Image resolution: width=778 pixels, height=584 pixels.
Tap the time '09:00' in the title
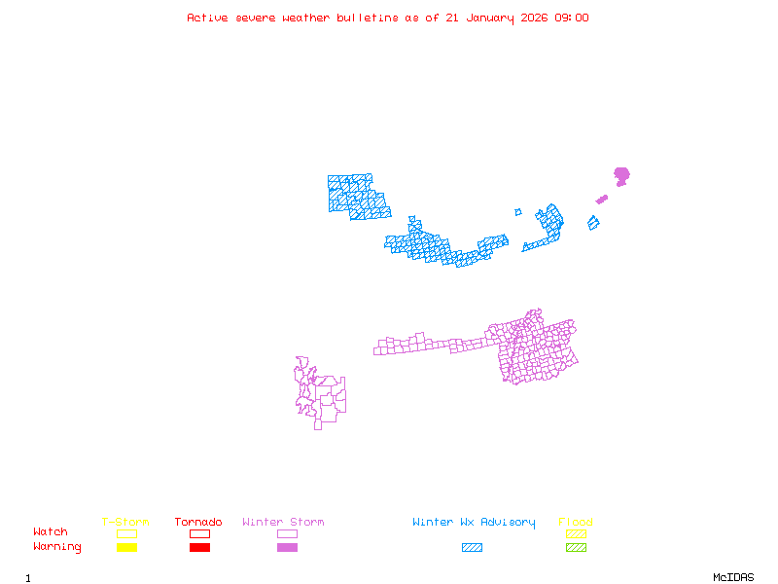click(571, 18)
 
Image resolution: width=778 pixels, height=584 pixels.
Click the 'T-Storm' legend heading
click(125, 522)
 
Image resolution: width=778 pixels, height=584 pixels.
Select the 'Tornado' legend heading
click(198, 522)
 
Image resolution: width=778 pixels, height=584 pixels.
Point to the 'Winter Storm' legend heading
click(283, 522)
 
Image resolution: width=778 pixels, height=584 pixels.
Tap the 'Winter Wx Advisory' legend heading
click(474, 522)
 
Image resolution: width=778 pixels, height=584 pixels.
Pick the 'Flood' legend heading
click(576, 522)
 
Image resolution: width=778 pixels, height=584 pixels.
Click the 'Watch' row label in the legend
click(51, 532)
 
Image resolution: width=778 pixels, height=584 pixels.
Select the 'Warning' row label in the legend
click(57, 547)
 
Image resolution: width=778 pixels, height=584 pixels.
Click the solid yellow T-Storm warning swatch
click(126, 548)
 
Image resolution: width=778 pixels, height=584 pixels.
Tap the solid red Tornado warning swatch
click(199, 548)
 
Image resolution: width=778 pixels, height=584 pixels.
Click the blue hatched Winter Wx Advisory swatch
click(472, 548)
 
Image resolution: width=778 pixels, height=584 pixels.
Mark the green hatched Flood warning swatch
click(576, 548)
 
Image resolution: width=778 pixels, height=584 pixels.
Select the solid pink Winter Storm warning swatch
click(287, 548)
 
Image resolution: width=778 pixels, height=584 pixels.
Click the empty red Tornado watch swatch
click(199, 533)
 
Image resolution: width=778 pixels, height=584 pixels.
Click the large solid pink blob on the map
click(621, 175)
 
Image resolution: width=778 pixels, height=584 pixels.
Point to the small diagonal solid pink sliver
click(601, 200)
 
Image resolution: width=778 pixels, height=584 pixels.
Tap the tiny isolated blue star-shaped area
click(518, 212)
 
